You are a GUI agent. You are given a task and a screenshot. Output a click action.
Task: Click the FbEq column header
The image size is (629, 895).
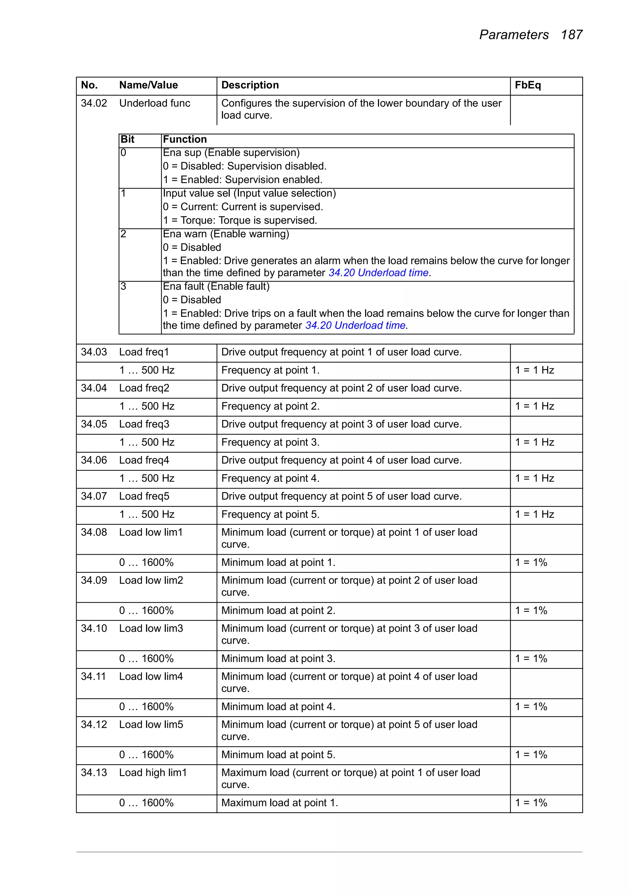[527, 85]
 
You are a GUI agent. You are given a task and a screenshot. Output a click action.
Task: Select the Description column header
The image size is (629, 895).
[250, 85]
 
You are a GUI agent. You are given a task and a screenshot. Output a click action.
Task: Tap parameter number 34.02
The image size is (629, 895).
[94, 103]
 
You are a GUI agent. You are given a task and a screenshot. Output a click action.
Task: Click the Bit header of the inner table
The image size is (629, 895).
[127, 140]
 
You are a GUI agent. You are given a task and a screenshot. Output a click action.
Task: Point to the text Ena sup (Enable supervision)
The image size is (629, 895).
[231, 153]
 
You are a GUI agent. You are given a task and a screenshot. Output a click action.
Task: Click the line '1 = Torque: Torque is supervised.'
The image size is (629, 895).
[240, 220]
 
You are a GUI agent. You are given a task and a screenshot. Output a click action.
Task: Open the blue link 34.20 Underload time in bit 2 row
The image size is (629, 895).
[378, 273]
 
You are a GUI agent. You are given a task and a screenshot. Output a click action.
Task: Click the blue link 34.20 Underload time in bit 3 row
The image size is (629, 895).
[355, 326]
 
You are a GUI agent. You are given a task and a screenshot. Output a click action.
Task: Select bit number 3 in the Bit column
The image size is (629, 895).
[123, 287]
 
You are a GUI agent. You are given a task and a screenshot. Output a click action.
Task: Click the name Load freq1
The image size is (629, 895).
[144, 352]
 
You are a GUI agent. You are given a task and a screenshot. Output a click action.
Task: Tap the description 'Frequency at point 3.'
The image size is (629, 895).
[270, 442]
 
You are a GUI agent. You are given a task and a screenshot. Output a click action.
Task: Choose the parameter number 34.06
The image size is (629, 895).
[94, 460]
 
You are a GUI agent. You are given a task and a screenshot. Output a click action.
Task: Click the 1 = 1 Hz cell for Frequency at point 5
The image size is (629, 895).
[534, 515]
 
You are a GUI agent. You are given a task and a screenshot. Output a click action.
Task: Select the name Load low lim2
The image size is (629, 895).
[151, 580]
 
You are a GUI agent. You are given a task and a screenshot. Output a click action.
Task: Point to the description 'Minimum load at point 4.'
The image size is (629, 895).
[278, 707]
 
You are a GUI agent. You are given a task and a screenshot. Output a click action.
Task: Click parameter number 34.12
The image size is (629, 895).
[94, 725]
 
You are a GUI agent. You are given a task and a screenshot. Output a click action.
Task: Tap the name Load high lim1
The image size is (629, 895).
[153, 773]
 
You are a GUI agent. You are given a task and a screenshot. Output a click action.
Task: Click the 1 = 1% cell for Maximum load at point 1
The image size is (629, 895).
[531, 803]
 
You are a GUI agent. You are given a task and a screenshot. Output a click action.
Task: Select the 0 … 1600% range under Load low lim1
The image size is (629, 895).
[146, 563]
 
